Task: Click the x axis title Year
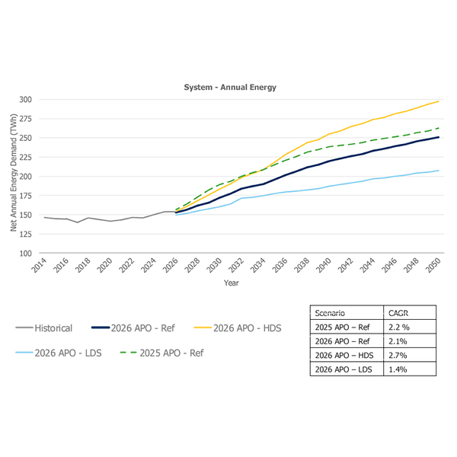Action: tap(232, 283)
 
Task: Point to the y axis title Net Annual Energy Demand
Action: tap(13, 175)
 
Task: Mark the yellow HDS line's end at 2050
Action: tap(438, 101)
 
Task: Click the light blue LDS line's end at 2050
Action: tap(438, 171)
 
